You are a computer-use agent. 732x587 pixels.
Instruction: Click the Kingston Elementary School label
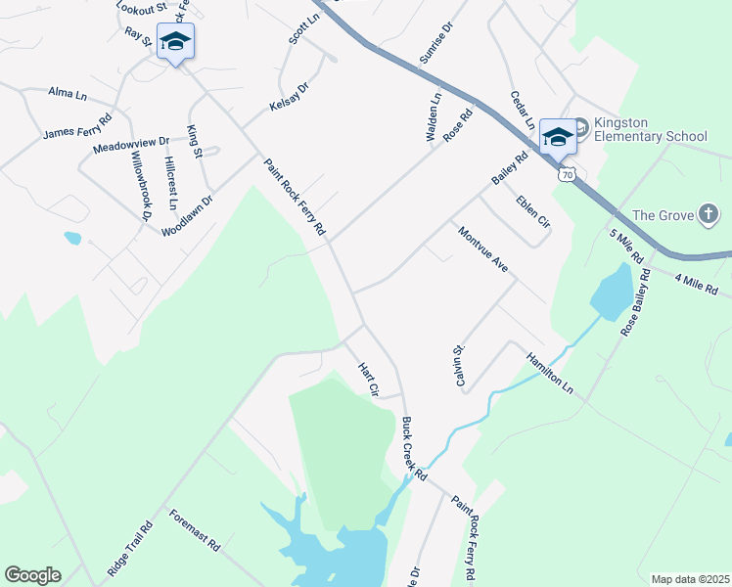tap(649, 129)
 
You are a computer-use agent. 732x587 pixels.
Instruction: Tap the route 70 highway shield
tap(567, 174)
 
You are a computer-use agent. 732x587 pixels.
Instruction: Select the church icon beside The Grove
tap(709, 214)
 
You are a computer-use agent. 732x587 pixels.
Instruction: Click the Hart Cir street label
tap(368, 379)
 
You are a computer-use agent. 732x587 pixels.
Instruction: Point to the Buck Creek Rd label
tap(415, 449)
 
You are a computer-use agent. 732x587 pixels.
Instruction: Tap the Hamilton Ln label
tap(549, 374)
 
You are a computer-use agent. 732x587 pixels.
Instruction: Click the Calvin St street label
tap(458, 364)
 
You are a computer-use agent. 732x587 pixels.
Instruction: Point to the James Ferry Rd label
tap(77, 125)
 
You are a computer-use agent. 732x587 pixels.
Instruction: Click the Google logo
tap(32, 575)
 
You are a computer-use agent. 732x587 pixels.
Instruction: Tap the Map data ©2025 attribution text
tap(689, 579)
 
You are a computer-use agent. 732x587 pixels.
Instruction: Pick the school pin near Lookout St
tap(175, 42)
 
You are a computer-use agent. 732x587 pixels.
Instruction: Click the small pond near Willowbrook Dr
tap(72, 238)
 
